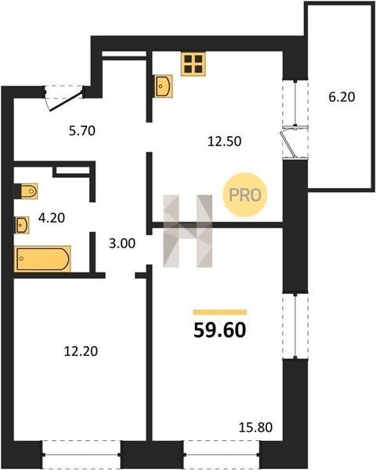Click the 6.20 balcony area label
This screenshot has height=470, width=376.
342,97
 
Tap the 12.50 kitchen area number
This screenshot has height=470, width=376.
225,141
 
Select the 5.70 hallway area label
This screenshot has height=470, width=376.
81,131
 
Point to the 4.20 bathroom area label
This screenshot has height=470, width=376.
52,218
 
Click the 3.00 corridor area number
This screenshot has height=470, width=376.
122,244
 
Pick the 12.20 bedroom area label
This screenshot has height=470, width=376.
81,351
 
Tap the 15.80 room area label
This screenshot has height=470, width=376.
256,427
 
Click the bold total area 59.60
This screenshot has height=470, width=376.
220,331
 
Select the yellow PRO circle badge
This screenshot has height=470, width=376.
245,195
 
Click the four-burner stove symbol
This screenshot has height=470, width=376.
193,64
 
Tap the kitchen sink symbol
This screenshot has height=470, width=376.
163,86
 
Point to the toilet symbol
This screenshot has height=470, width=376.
26,191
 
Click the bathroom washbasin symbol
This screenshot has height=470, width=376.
22,225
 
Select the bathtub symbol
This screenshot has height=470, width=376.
42,259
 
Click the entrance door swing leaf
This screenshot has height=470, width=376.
66,101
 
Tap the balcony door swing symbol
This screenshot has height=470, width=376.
289,143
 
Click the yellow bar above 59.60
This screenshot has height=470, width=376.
220,313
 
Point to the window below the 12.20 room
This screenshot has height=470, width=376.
81,455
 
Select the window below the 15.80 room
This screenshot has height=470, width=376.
222,455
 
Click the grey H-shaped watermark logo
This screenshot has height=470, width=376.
188,231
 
